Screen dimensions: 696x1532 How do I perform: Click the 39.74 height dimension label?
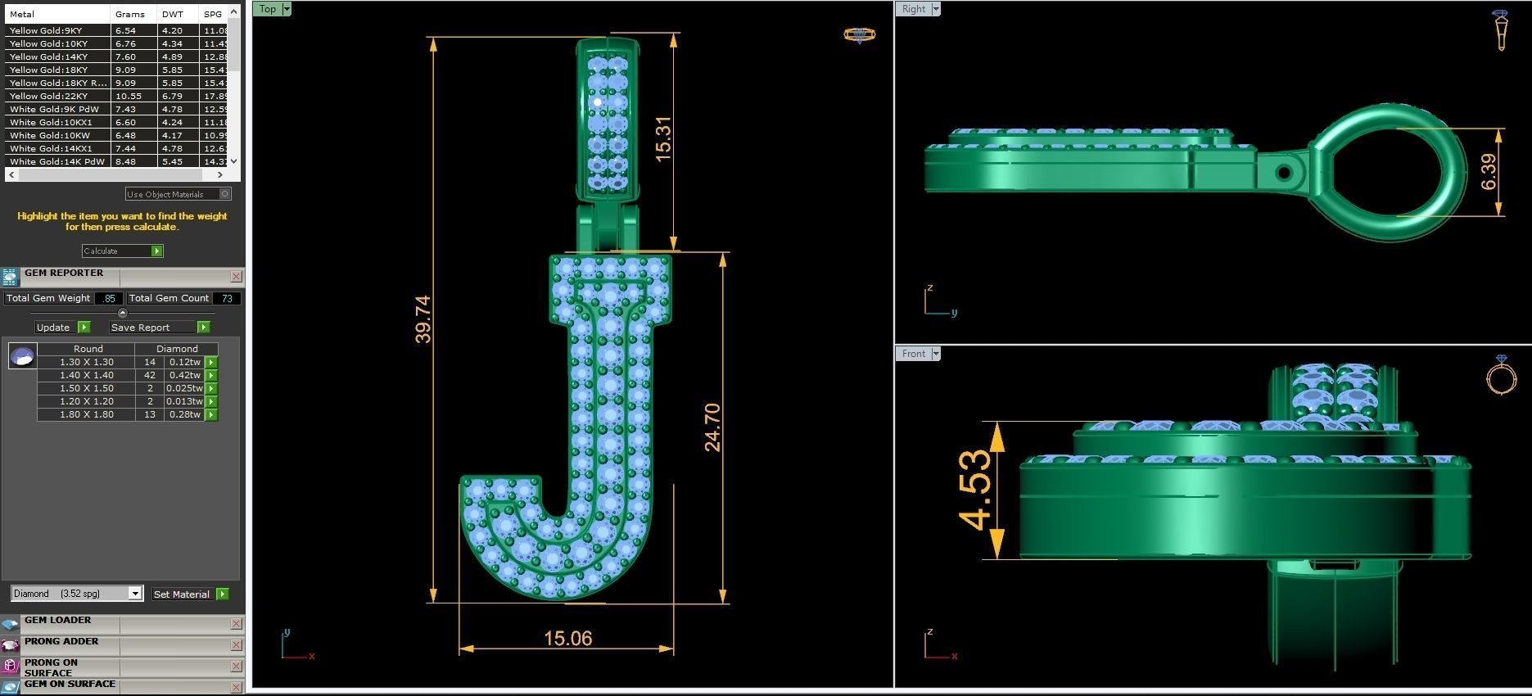coord(423,319)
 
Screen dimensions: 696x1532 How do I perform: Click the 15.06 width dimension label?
coord(567,639)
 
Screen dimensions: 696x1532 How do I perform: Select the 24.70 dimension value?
coord(712,427)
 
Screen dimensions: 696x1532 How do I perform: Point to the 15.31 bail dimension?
coord(663,138)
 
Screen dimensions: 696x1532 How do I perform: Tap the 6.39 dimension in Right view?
coord(1489,172)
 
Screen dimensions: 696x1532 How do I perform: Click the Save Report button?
coord(141,328)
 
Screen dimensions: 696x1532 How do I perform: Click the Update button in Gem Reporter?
coord(54,328)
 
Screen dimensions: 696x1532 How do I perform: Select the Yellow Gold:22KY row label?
coord(49,96)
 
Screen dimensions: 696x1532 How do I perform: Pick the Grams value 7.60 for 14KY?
coord(125,56)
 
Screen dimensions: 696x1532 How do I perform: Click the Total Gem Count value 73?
coord(227,298)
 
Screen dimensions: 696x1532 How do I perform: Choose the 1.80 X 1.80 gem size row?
coord(87,414)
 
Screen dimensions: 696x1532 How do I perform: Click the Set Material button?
coord(182,594)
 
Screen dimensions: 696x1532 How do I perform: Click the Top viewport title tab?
coord(267,9)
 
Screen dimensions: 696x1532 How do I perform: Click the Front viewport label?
coord(913,354)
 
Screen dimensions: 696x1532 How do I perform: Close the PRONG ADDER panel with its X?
coord(236,645)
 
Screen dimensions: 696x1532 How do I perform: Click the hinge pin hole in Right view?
coord(1284,173)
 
